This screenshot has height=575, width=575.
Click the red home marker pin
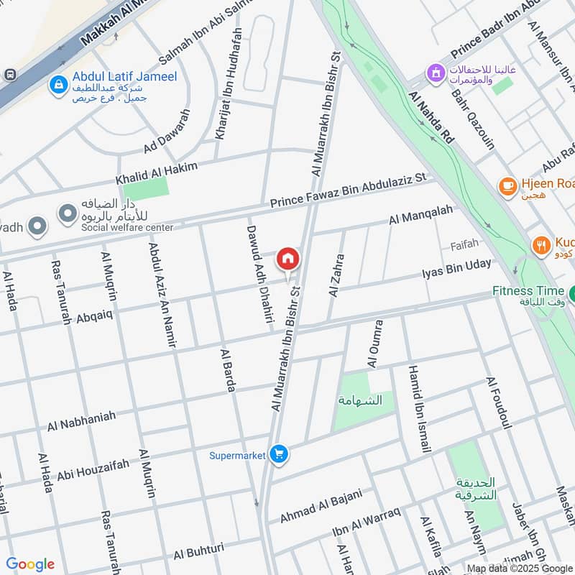288,258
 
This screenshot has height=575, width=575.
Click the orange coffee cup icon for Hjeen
508,186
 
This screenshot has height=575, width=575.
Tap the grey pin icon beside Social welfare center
68,213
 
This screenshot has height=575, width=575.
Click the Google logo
30,564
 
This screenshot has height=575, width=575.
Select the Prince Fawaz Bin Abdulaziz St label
348,191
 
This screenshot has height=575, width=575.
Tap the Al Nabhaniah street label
81,422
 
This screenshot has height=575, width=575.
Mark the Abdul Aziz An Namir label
162,294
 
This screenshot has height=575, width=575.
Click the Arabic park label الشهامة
364,400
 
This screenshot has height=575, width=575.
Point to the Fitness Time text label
528,291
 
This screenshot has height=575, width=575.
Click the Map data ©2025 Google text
520,568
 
